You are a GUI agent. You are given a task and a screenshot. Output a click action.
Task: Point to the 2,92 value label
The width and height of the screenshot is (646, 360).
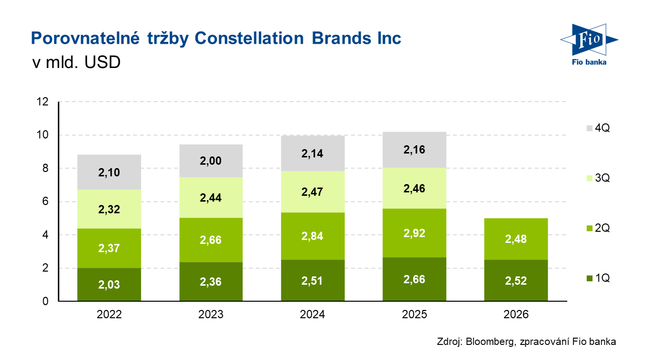(415, 233)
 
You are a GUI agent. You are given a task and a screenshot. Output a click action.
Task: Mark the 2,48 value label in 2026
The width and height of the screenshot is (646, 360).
(517, 240)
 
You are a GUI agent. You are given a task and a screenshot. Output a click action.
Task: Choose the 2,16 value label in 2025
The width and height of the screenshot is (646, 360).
(415, 150)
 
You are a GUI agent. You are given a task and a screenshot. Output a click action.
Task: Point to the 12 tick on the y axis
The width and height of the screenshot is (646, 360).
(42, 102)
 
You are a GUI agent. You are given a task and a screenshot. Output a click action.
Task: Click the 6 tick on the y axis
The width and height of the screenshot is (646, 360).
(45, 202)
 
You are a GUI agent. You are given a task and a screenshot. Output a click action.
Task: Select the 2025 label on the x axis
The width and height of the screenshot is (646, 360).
(415, 315)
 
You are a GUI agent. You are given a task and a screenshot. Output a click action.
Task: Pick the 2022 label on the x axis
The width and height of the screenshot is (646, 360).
(109, 315)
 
